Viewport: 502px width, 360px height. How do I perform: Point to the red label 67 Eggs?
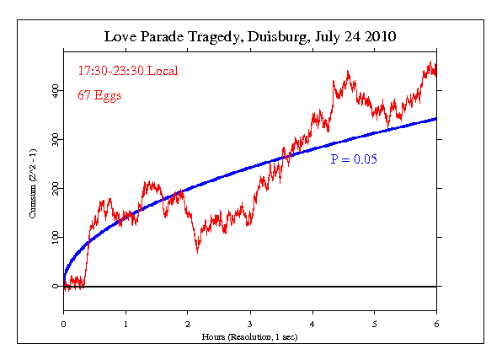(x=99, y=95)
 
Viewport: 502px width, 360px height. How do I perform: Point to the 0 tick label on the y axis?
(x=56, y=287)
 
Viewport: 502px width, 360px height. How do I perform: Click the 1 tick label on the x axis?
(x=125, y=322)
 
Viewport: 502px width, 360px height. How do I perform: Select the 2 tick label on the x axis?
(x=188, y=322)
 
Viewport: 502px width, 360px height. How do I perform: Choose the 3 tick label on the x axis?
(x=250, y=322)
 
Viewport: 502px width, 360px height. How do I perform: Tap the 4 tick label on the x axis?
(x=312, y=322)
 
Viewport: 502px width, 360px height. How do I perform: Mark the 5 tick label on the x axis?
(x=375, y=322)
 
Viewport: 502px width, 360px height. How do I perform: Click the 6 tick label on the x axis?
(x=436, y=322)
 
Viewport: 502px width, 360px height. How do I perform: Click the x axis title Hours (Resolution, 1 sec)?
(x=250, y=336)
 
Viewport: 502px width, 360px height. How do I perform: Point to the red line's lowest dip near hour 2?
(x=197, y=251)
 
